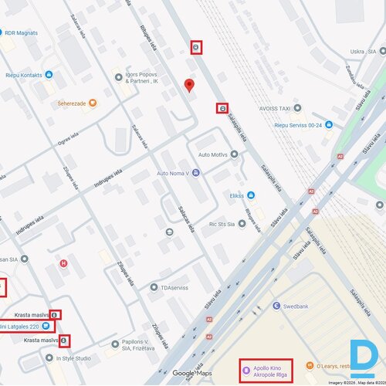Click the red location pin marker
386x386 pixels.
click(x=189, y=85)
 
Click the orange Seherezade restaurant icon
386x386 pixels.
click(x=93, y=103)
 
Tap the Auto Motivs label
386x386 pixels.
click(x=214, y=154)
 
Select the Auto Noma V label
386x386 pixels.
click(x=174, y=173)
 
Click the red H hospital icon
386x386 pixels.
click(x=63, y=263)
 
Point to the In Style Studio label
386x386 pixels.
click(x=73, y=358)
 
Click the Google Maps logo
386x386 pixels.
click(x=191, y=374)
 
